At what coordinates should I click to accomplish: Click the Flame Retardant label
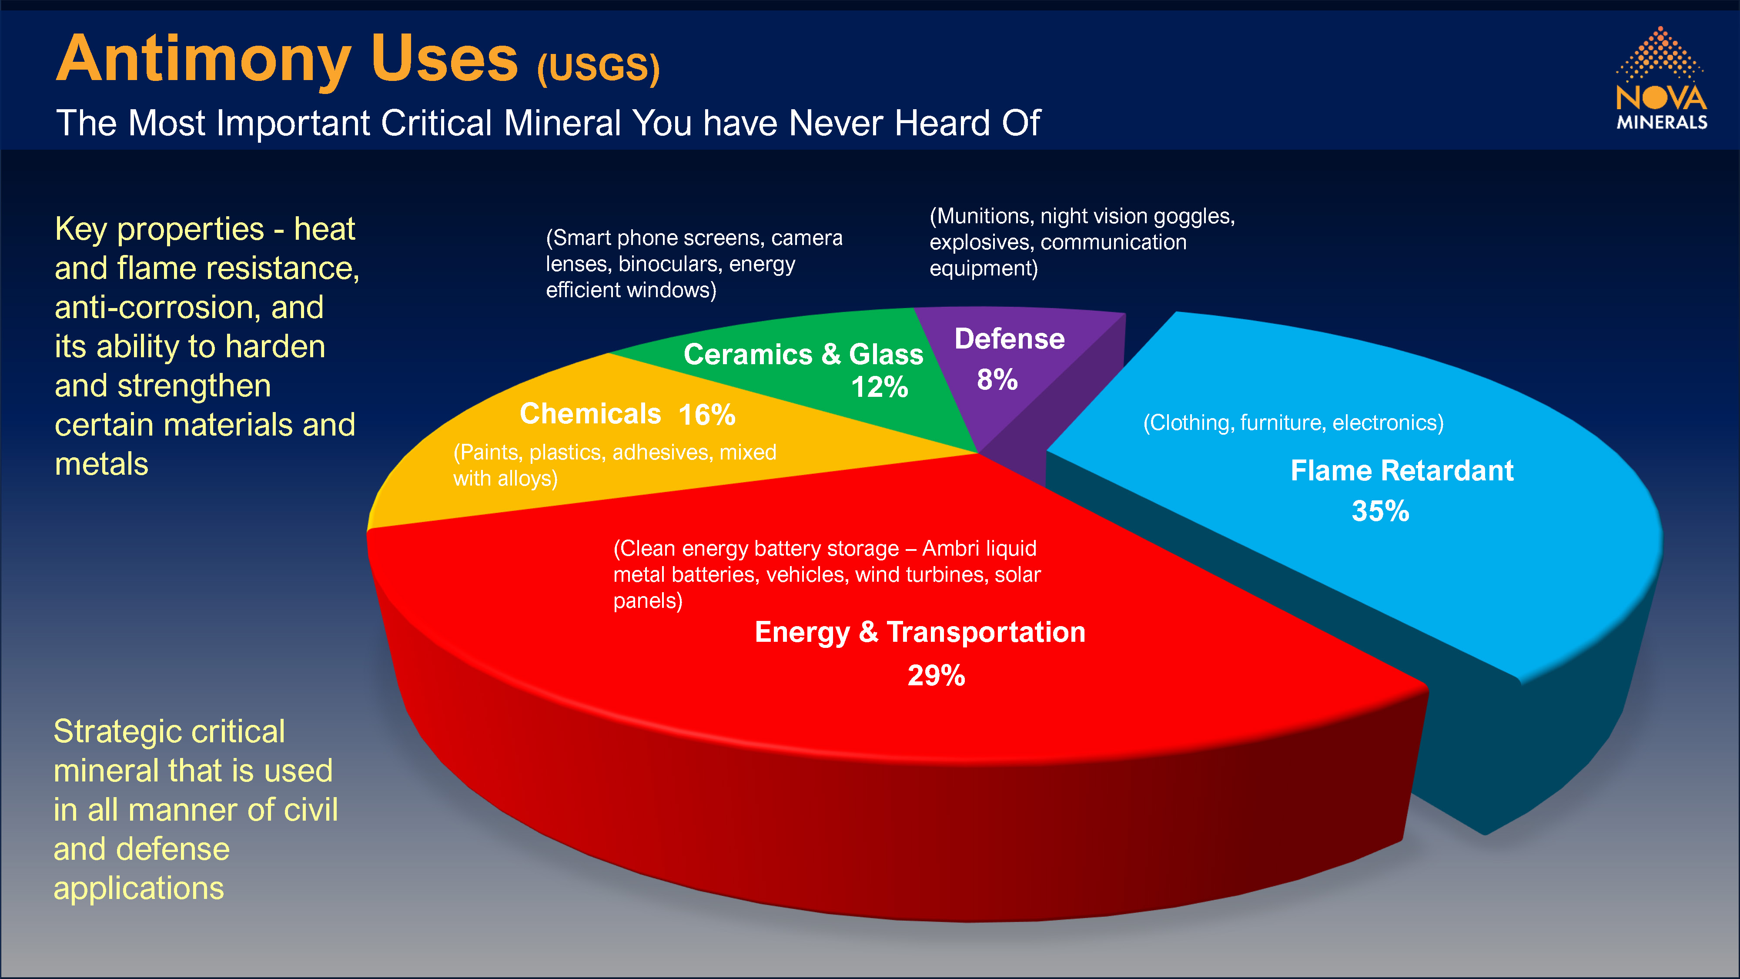tap(1402, 470)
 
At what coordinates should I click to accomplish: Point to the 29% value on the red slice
tap(936, 675)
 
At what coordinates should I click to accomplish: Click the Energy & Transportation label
tap(920, 632)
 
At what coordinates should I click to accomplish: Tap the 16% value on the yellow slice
tap(706, 414)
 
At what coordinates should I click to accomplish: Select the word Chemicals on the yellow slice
tap(590, 413)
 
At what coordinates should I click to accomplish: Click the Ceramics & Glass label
tap(803, 354)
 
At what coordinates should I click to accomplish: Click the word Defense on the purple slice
tap(1010, 339)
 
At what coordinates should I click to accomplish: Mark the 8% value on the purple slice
tap(997, 380)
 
